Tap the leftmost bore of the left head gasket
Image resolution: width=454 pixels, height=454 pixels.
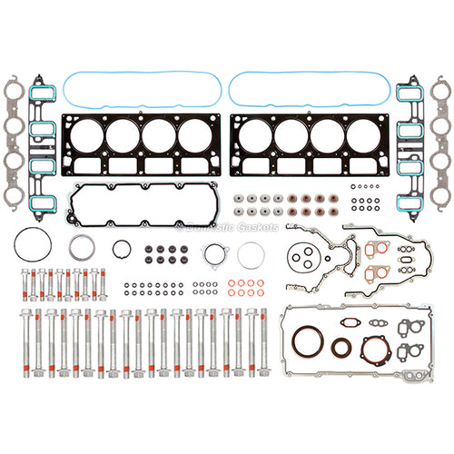point(84,137)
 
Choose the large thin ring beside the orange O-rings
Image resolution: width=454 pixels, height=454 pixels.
point(251,255)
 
